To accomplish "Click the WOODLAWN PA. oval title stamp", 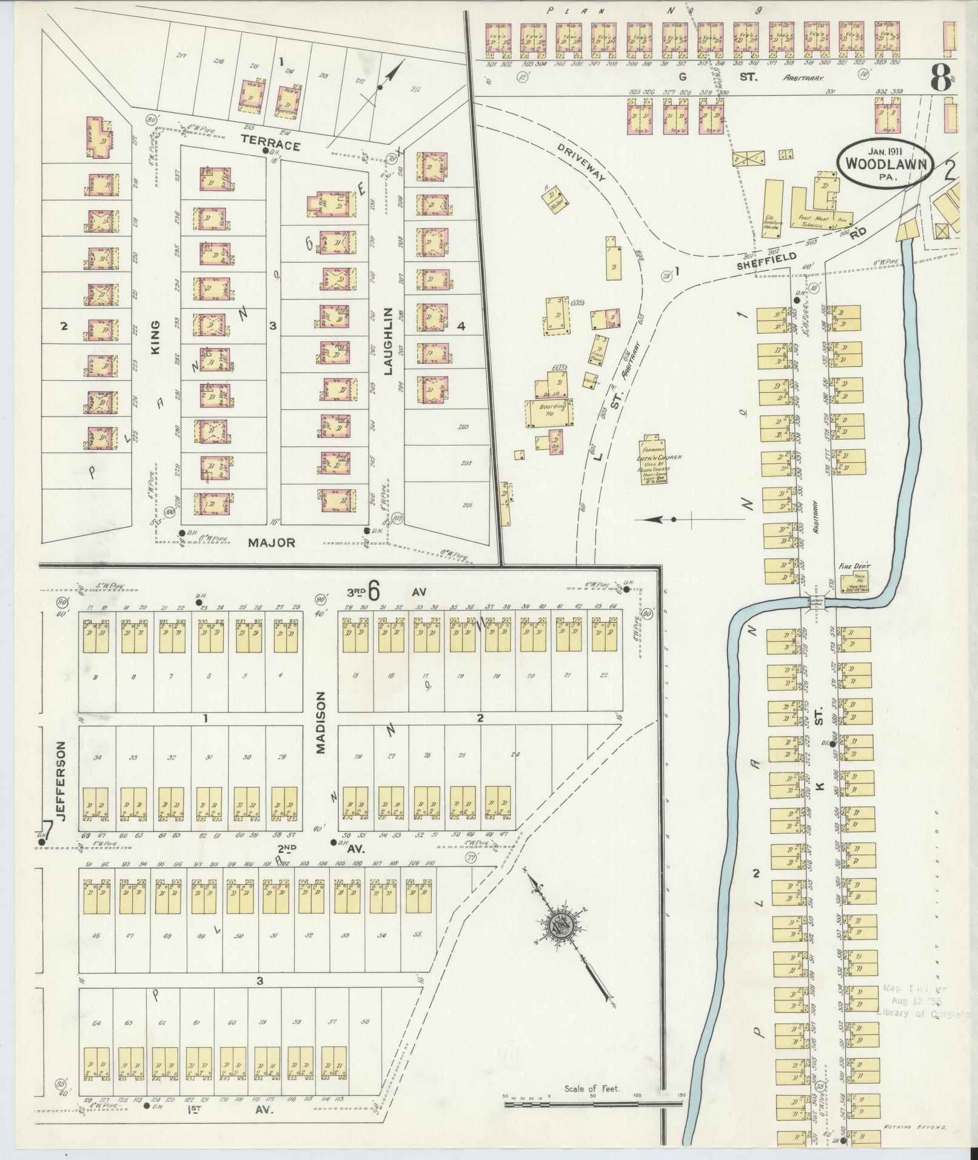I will pyautogui.click(x=884, y=163).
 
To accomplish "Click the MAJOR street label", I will pyautogui.click(x=271, y=543).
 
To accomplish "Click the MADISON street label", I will pyautogui.click(x=321, y=723).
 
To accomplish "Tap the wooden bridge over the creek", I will pyautogui.click(x=814, y=602).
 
